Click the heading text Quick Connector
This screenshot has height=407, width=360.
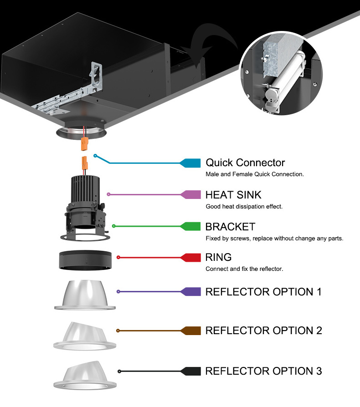(245, 163)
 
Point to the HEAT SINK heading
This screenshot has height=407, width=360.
(233, 195)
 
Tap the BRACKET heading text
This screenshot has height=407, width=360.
(230, 226)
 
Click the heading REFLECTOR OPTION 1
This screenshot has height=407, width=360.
(263, 291)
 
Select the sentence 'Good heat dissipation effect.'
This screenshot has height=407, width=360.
(244, 206)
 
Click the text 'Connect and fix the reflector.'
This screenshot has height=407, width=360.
(244, 269)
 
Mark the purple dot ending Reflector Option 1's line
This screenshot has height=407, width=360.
(118, 291)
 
